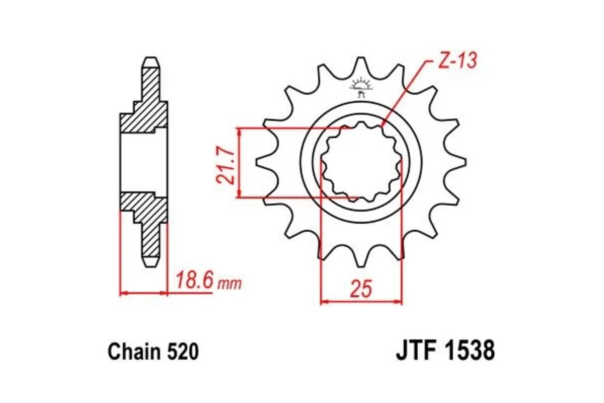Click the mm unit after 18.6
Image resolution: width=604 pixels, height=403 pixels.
pos(229,284)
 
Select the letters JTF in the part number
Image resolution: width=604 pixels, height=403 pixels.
pos(416,351)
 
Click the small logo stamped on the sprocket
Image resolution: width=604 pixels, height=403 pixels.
pos(361,87)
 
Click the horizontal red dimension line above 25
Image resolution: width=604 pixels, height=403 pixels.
pos(361,302)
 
